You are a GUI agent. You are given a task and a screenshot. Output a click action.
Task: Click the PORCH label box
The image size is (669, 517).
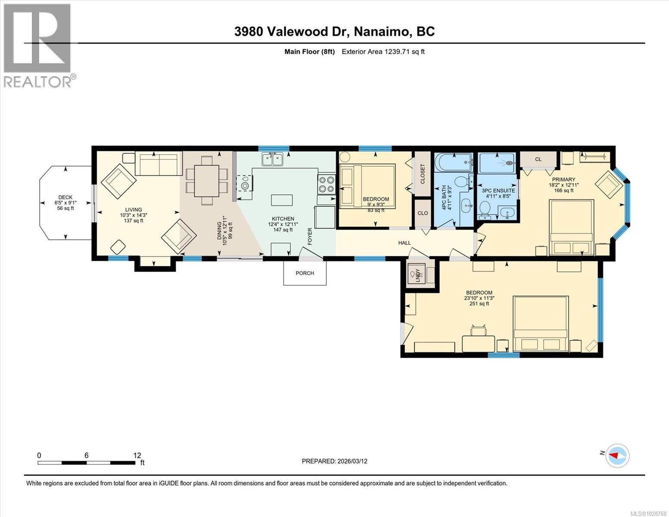click(305, 273)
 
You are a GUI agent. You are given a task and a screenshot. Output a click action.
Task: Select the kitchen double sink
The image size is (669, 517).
click(272, 159)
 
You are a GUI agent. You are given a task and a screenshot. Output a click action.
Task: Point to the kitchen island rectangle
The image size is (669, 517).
click(282, 200)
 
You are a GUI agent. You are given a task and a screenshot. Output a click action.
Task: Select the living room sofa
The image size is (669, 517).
click(156, 164)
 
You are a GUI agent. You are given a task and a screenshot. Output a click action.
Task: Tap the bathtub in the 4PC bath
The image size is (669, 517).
click(453, 162)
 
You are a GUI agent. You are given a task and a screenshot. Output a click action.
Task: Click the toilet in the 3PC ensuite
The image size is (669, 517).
click(485, 211)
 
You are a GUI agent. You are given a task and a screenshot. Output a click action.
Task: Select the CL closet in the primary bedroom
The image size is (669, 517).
click(538, 159)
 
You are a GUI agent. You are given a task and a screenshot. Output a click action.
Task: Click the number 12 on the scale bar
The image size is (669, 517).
click(137, 455)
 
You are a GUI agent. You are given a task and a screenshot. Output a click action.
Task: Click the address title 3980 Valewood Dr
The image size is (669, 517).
click(334, 31)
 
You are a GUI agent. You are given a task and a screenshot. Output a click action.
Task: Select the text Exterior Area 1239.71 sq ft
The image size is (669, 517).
click(383, 52)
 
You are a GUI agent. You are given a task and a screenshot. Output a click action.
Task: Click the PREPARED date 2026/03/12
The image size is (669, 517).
click(334, 461)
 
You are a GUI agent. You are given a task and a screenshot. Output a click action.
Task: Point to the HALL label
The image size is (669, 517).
click(404, 243)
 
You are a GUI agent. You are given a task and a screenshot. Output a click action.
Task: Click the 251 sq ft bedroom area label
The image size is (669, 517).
click(479, 304)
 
